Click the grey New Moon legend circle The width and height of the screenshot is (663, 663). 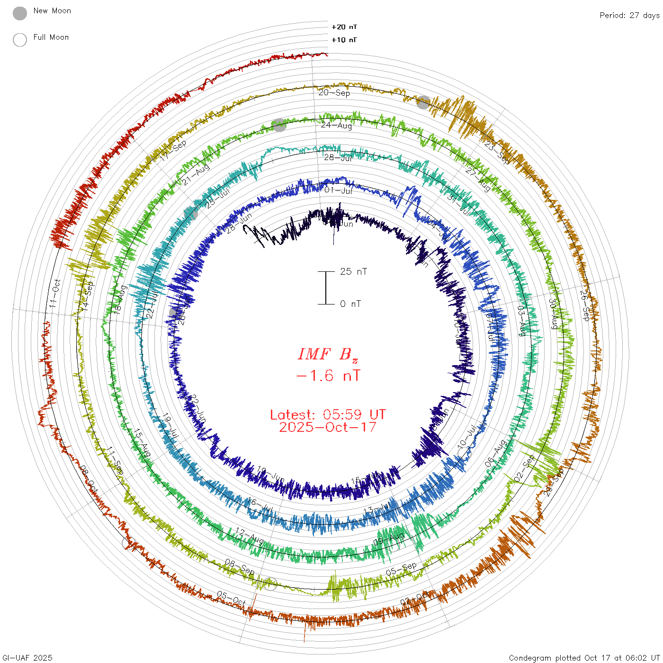20,13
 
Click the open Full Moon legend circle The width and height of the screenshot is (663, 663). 20,40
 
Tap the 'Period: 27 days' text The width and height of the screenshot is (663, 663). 629,15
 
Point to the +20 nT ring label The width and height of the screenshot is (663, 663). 344,27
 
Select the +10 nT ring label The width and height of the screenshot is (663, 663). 344,40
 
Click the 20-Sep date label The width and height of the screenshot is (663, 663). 334,92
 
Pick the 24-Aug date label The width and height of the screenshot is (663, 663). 336,125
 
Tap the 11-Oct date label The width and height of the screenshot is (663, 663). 56,294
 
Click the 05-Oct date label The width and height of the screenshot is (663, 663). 231,598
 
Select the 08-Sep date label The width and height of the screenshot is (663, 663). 240,566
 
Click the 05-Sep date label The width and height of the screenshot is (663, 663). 401,569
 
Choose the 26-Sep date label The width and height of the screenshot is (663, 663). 585,305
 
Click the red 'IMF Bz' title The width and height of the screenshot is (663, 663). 328,354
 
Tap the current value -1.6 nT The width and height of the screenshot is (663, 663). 328,376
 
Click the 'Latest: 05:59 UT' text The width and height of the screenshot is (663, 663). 328,415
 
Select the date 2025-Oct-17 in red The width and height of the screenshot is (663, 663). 328,427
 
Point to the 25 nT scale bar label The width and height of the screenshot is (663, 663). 353,271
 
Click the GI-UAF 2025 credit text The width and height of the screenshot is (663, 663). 27,658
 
